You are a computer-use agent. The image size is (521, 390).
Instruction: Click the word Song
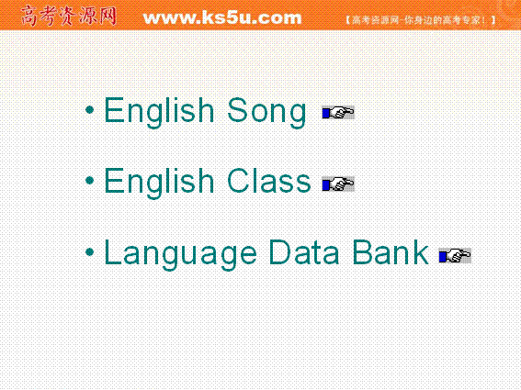tap(266, 113)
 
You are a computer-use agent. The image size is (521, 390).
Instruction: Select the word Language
tap(180, 254)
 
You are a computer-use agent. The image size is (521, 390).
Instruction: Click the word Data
tap(304, 252)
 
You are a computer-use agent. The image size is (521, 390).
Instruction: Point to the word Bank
tap(391, 252)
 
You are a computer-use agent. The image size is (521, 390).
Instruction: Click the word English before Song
tap(159, 113)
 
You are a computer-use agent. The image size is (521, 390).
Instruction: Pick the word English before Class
tap(159, 184)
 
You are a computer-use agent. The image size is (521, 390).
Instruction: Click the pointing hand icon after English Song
tap(338, 113)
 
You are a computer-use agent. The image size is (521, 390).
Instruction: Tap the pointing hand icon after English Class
tap(338, 184)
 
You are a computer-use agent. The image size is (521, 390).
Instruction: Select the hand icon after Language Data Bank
tap(455, 256)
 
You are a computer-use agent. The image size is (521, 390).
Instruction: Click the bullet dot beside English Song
tap(89, 109)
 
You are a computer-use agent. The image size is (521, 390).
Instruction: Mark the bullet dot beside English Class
tap(89, 181)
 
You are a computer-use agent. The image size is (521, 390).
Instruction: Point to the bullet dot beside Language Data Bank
tap(89, 252)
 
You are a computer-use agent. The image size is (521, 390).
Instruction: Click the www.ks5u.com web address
tap(222, 17)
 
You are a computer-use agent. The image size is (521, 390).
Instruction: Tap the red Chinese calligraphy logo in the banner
tap(69, 16)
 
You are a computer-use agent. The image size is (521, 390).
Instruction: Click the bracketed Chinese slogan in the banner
tap(420, 20)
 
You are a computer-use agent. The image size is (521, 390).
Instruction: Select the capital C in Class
tap(239, 180)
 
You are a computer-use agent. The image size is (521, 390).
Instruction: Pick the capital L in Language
tap(113, 252)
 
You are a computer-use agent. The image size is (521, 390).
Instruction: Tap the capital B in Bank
tap(362, 252)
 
